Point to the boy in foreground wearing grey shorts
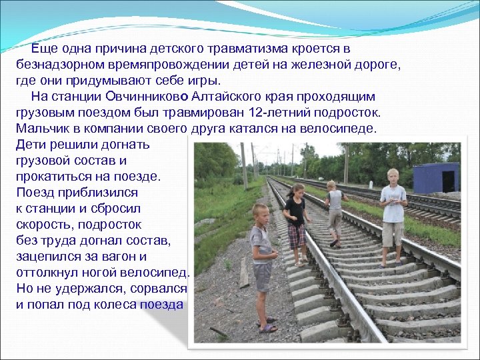pyautogui.click(x=262, y=263)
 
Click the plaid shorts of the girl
pyautogui.click(x=296, y=235)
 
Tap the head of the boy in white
pyautogui.click(x=393, y=177)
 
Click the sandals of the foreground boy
pyautogui.click(x=267, y=327)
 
